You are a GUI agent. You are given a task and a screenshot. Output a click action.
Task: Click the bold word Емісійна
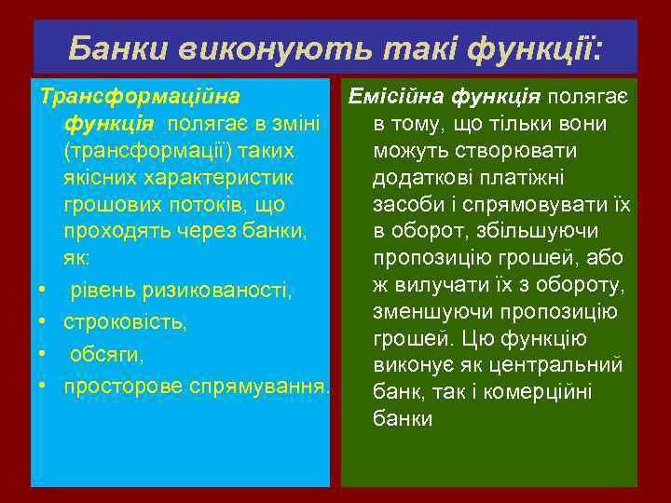[x=392, y=96]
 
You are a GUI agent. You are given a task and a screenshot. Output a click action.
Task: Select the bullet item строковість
[x=125, y=323]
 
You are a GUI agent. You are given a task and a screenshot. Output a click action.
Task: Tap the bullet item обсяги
[x=104, y=355]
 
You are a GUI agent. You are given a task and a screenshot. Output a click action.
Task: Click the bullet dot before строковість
[x=43, y=323]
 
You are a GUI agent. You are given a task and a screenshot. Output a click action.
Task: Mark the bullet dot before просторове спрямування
[x=43, y=386]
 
